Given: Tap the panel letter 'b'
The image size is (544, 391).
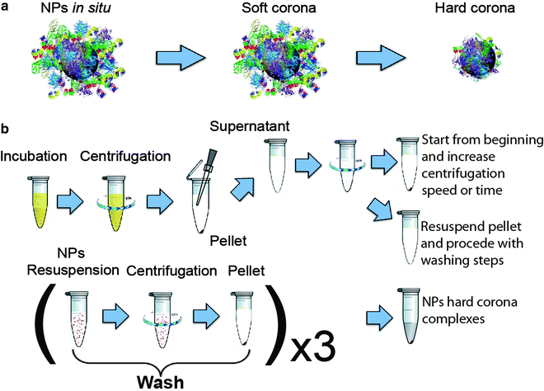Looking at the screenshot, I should coord(7,130).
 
